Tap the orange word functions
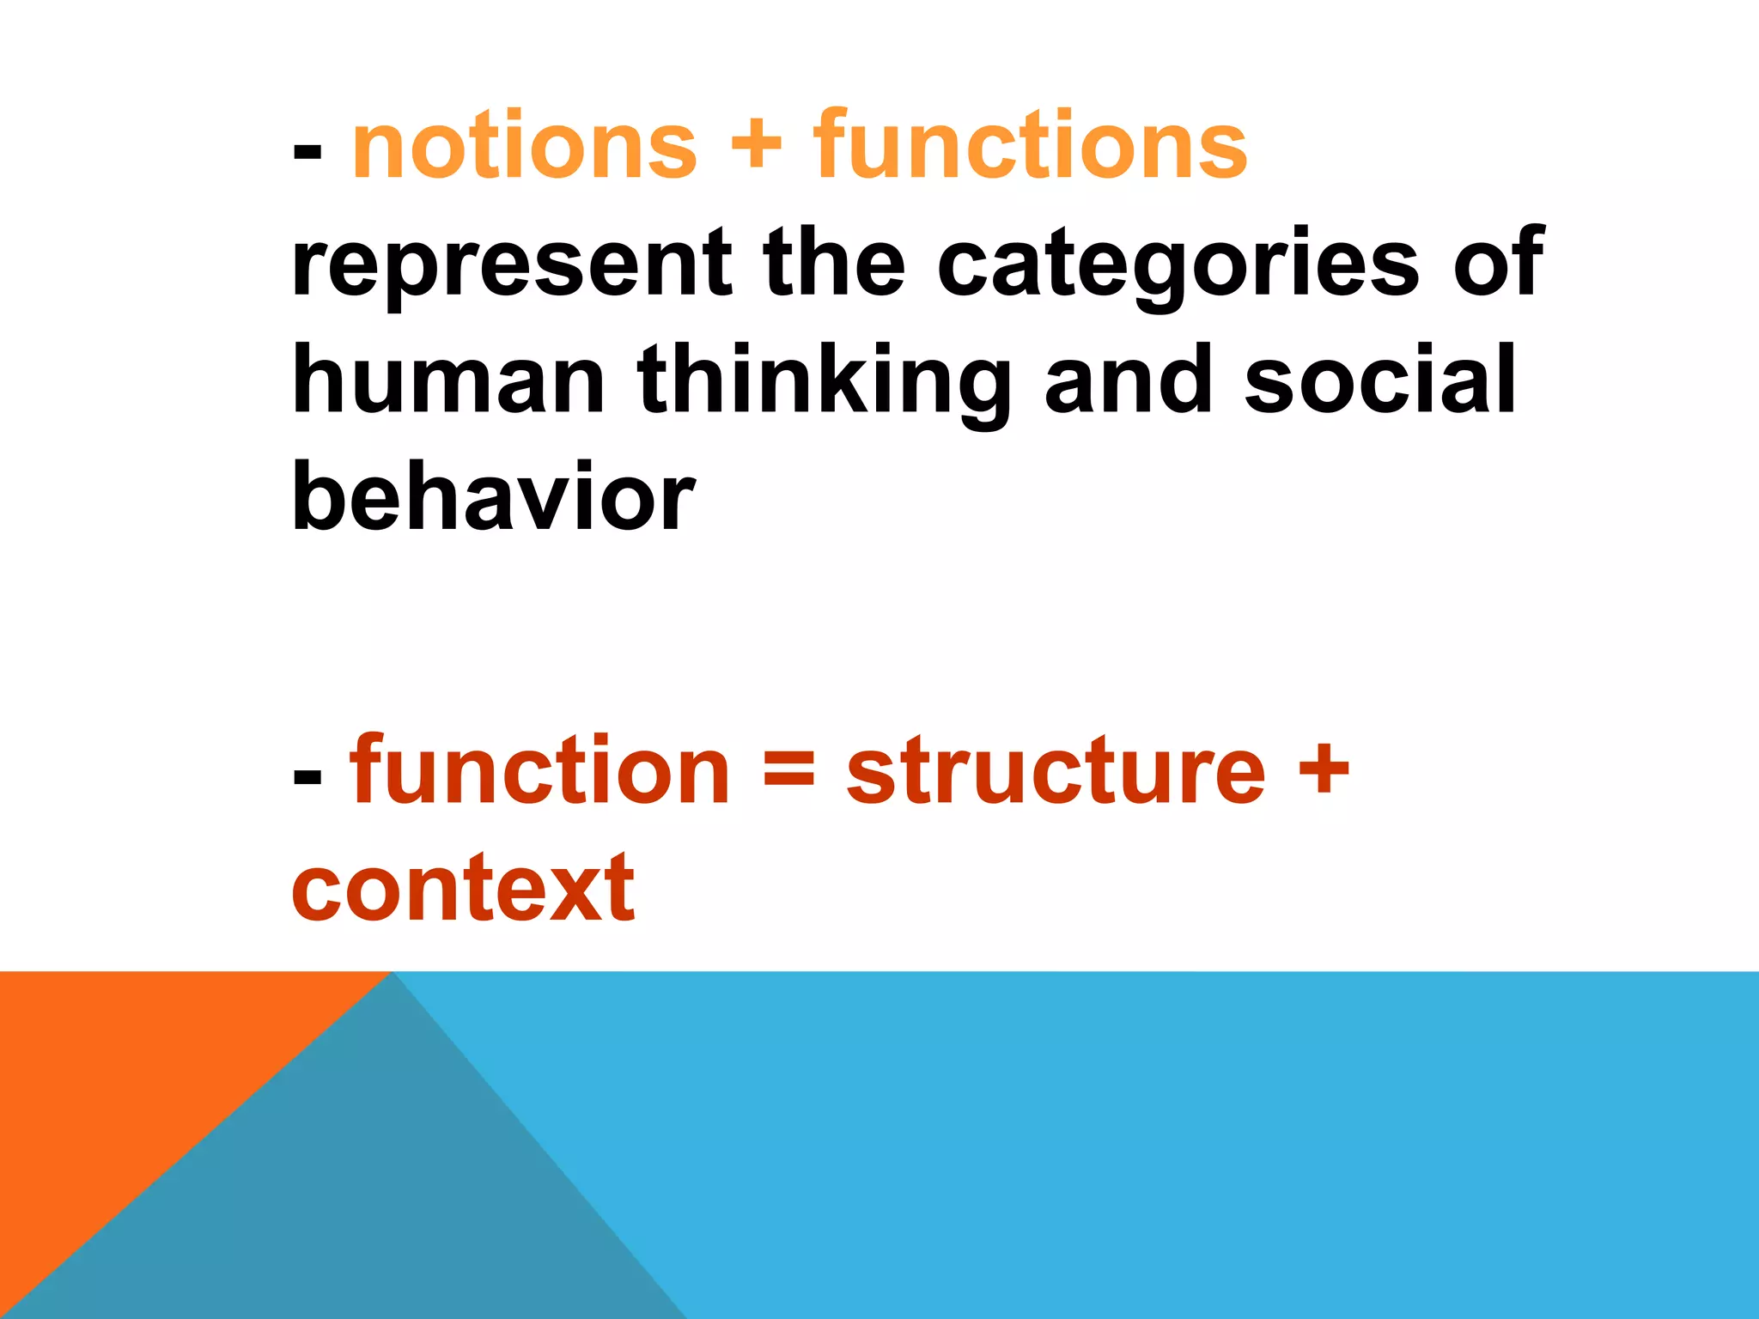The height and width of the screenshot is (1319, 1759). (x=1030, y=148)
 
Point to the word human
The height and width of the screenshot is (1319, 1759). (x=448, y=380)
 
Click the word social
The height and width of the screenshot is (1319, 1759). (x=1380, y=380)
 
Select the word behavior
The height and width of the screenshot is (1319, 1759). (x=493, y=496)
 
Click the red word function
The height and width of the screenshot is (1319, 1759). (x=539, y=770)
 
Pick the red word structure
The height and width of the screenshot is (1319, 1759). (x=1056, y=770)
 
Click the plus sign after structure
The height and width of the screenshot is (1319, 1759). (x=1324, y=767)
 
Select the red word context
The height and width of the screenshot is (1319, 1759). (x=464, y=889)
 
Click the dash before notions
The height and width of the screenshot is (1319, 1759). (x=307, y=153)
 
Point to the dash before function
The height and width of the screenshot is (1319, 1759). (x=307, y=776)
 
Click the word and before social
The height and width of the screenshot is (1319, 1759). (x=1128, y=380)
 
